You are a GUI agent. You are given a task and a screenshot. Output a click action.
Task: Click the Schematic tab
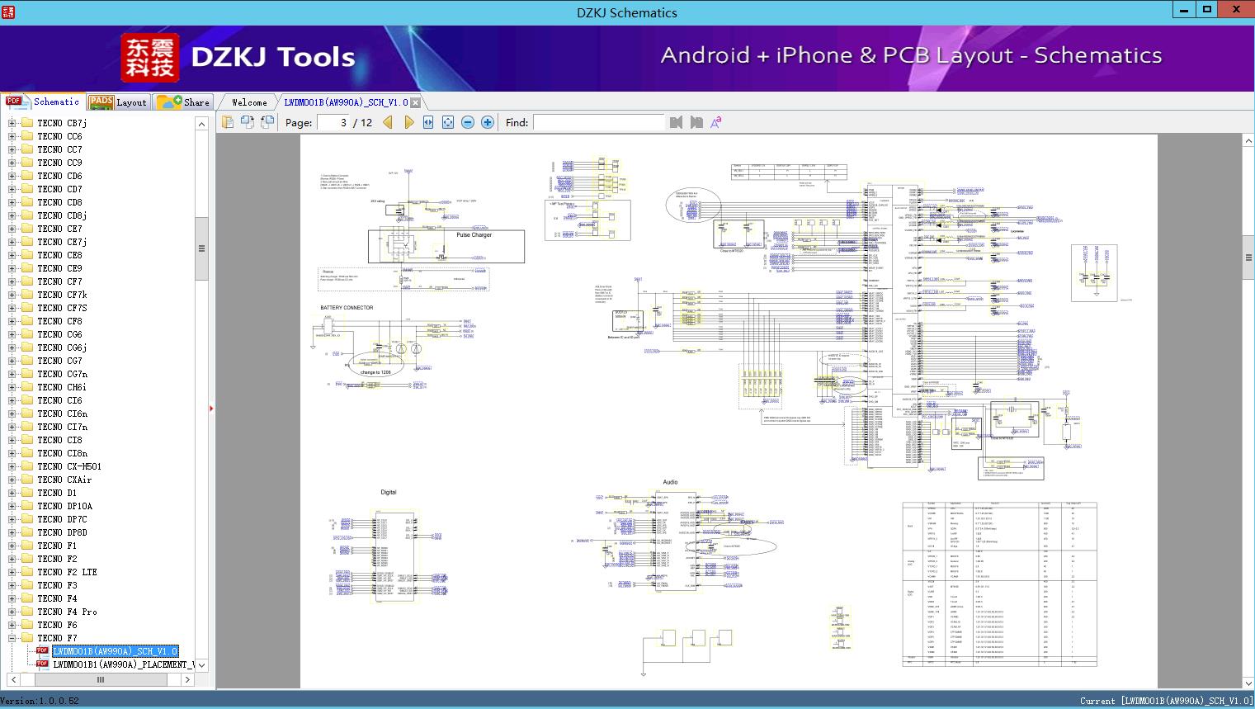coord(44,102)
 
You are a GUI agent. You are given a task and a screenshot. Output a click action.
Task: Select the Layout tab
coord(120,102)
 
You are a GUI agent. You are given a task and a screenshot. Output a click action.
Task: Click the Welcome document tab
coord(248,102)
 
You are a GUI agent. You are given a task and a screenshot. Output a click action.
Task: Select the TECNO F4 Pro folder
coord(67,612)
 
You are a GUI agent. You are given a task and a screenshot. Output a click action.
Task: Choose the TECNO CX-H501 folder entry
coord(68,466)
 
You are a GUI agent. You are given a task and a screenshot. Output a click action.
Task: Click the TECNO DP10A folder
coord(64,506)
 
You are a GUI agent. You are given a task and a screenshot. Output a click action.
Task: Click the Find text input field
coord(598,122)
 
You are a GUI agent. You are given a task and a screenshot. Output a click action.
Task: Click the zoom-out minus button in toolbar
coord(468,122)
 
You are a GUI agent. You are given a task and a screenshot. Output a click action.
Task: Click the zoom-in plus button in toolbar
coord(488,122)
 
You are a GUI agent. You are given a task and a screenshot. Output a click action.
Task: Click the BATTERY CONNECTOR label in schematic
coord(347,308)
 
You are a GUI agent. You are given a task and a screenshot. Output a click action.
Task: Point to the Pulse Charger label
coord(474,235)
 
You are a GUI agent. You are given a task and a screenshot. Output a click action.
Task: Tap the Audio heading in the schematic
coord(670,482)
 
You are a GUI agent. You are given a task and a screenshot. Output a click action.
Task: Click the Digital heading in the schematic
coord(388,492)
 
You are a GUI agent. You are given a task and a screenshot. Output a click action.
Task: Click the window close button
coord(1236,10)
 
